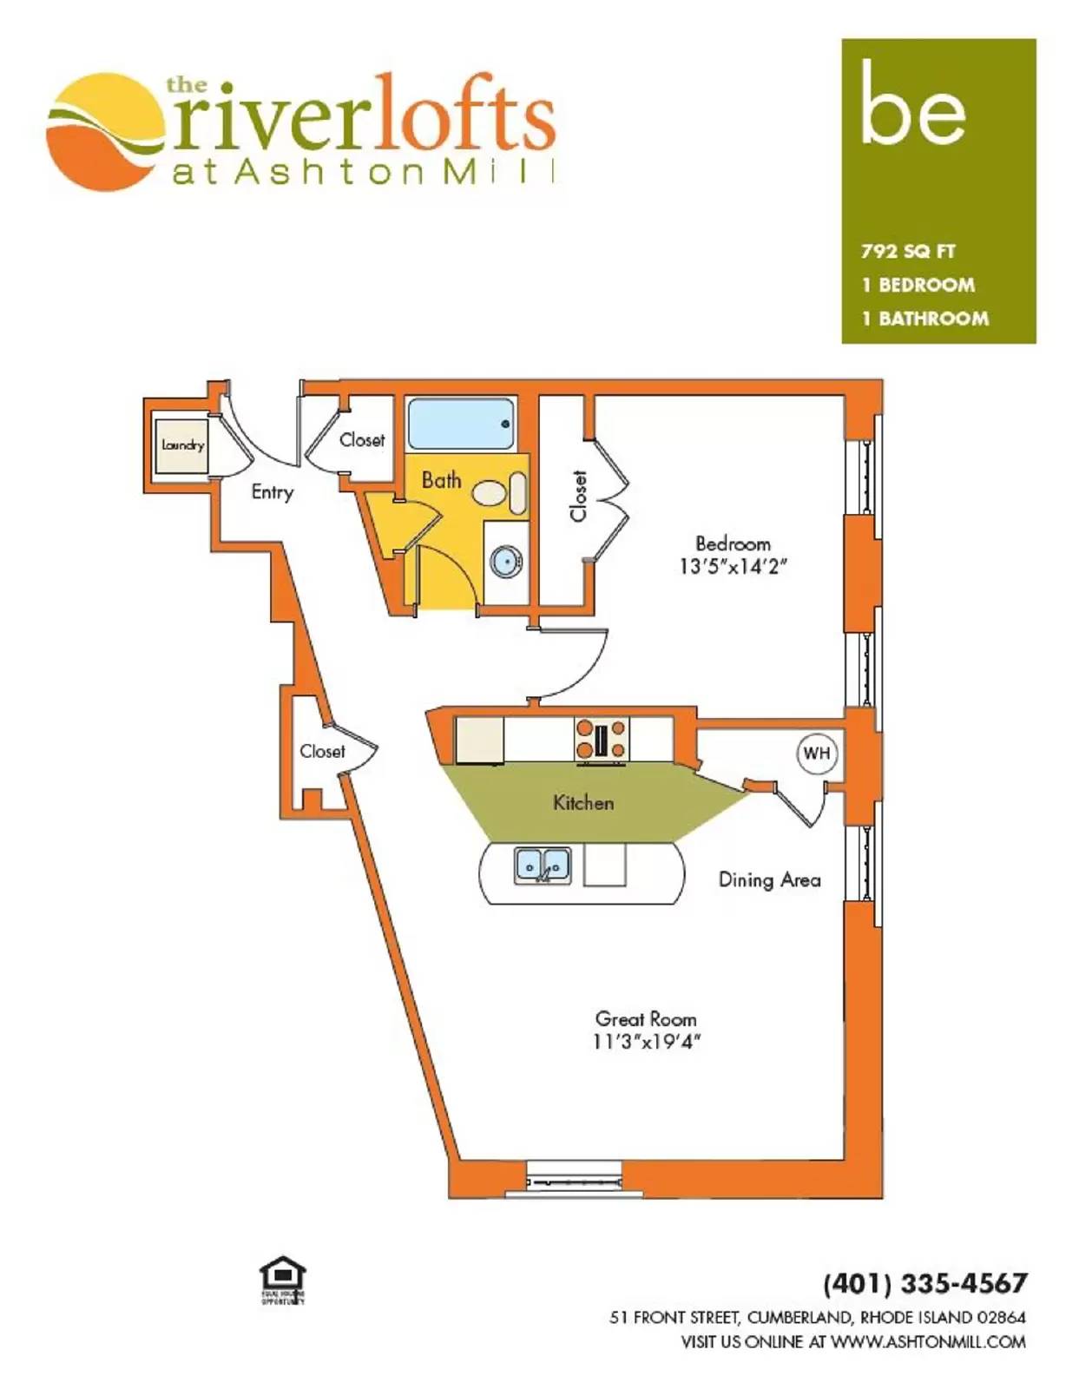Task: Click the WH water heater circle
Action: pyautogui.click(x=816, y=754)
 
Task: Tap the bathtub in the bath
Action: pyautogui.click(x=460, y=423)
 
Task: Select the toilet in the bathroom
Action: pyautogui.click(x=500, y=493)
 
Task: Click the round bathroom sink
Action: pyautogui.click(x=505, y=562)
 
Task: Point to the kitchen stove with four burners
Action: pyautogui.click(x=601, y=739)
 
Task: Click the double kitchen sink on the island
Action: pyautogui.click(x=543, y=865)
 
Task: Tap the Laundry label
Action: pyautogui.click(x=182, y=445)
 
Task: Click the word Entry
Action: pyautogui.click(x=272, y=492)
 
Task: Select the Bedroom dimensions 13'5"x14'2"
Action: pyautogui.click(x=733, y=567)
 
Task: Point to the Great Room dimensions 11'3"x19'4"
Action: pyautogui.click(x=646, y=1042)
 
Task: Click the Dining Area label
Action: pyautogui.click(x=769, y=880)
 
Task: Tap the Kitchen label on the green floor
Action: pyautogui.click(x=583, y=803)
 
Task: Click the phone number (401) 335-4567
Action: pyautogui.click(x=924, y=1283)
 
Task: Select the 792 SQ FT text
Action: pyautogui.click(x=908, y=252)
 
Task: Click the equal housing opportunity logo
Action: pyautogui.click(x=283, y=1281)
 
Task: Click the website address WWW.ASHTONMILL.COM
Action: pyautogui.click(x=928, y=1342)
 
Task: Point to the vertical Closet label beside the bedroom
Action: pyautogui.click(x=578, y=496)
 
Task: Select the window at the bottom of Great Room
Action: pyautogui.click(x=576, y=1182)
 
